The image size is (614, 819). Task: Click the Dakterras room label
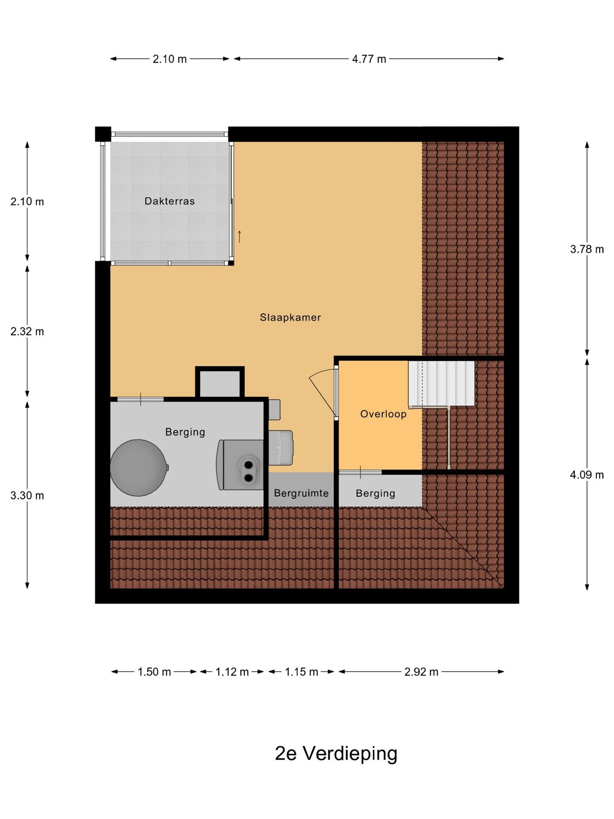[x=169, y=201]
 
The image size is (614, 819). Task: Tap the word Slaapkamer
[x=290, y=317]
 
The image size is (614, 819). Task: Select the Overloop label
[x=383, y=414]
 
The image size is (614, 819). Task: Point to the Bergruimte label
[x=301, y=493]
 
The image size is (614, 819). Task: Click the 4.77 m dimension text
[x=369, y=59]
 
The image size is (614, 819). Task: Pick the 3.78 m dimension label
[x=587, y=249]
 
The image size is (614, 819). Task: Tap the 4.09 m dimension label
[x=587, y=475]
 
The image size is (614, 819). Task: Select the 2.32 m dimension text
[x=27, y=331]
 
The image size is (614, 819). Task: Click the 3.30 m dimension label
[x=27, y=496]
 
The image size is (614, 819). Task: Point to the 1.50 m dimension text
[x=154, y=672]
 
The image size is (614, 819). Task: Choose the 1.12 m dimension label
[x=232, y=672]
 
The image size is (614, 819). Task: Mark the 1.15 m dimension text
[x=301, y=672]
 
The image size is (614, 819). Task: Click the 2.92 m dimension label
[x=421, y=672]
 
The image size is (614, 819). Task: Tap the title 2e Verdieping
[x=336, y=753]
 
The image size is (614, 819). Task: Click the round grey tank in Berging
[x=139, y=468]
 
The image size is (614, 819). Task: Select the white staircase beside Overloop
[x=442, y=383]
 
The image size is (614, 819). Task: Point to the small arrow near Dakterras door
[x=240, y=236]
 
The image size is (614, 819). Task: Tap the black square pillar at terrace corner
[x=103, y=134]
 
